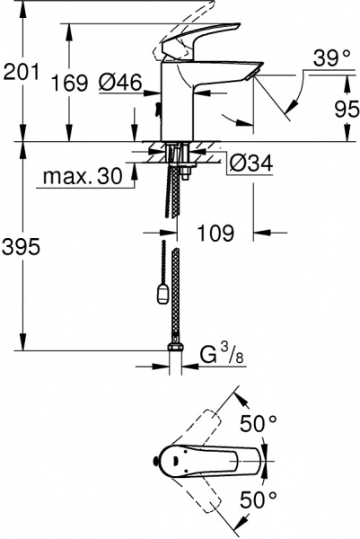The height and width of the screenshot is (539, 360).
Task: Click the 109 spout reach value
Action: tap(215, 234)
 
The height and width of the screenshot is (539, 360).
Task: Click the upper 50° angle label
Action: tap(259, 422)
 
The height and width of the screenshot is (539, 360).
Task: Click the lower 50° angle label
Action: tap(259, 494)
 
